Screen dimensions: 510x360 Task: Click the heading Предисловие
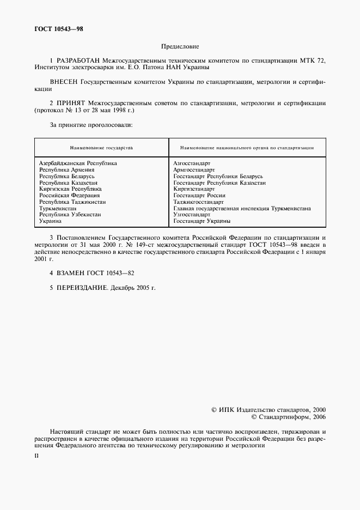click(x=180, y=47)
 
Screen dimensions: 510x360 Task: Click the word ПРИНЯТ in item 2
click(x=70, y=102)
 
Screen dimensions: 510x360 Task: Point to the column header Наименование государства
click(x=101, y=148)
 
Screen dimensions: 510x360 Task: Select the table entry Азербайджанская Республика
click(x=78, y=163)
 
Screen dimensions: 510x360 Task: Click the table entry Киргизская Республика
click(x=70, y=189)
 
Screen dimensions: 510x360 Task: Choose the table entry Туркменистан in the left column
click(x=58, y=208)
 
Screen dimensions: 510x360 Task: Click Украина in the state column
click(x=50, y=221)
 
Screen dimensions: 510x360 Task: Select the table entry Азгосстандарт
click(x=192, y=163)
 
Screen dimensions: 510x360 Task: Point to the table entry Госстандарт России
click(x=199, y=195)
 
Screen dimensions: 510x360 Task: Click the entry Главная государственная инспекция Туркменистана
click(x=242, y=208)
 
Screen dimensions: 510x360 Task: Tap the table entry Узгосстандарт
click(x=192, y=215)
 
